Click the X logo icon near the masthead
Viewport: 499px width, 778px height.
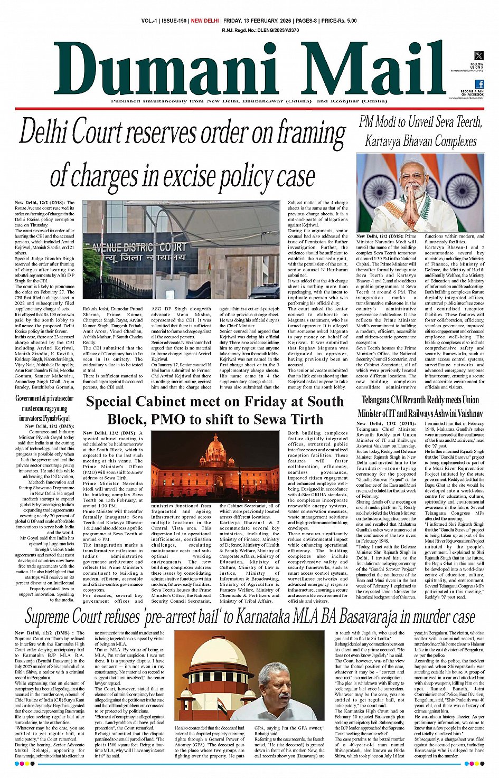(x=478, y=55)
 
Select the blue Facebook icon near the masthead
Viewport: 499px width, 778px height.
(x=479, y=84)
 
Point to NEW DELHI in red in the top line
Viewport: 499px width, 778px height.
(x=205, y=21)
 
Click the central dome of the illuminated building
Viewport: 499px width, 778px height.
(x=214, y=448)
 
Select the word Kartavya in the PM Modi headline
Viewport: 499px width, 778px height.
(x=388, y=141)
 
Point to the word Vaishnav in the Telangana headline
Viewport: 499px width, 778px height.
(x=463, y=413)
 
